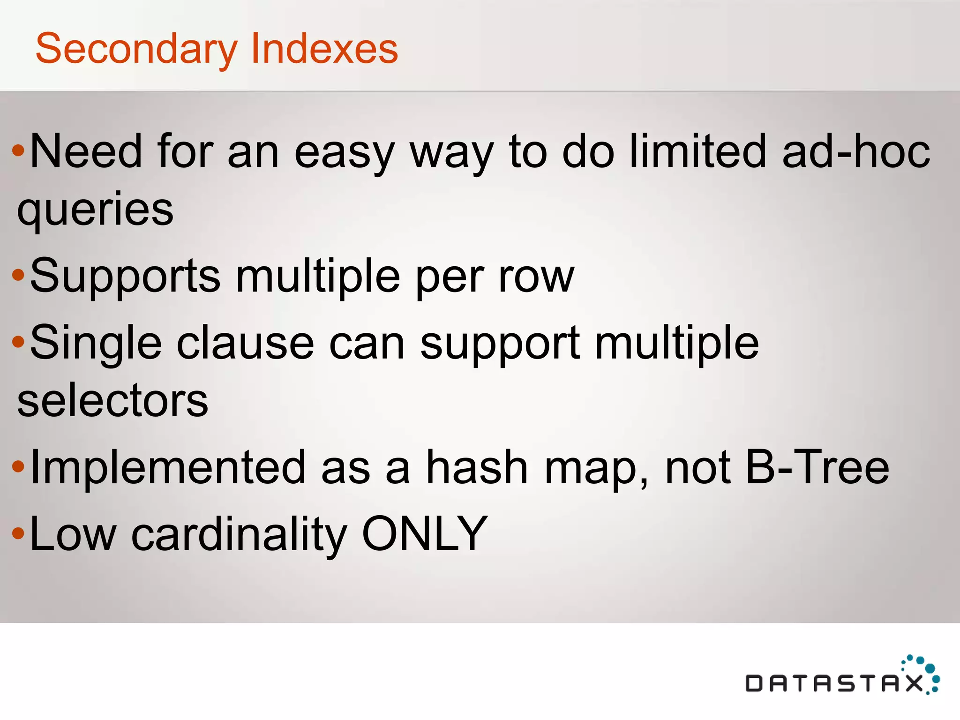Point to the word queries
pos(95,210)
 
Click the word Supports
pos(125,277)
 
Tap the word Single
pos(96,344)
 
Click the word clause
pos(245,343)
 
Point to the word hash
pos(477,467)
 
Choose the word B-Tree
pos(817,467)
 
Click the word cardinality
pos(239,534)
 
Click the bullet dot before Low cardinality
pos(18,533)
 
